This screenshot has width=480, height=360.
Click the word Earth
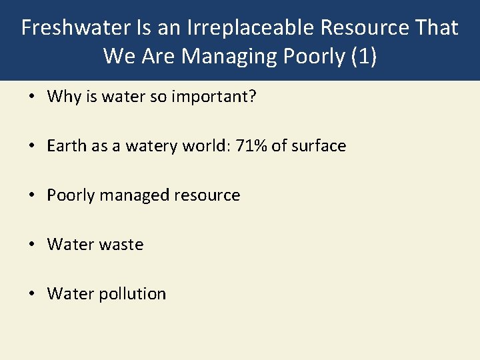67,146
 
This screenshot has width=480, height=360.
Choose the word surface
318,146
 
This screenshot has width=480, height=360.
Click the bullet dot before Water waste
32,245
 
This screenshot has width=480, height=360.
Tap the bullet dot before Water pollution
32,294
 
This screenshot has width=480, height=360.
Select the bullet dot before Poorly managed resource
32,195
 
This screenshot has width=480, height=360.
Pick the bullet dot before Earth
32,146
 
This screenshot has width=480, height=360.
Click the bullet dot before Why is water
32,97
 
